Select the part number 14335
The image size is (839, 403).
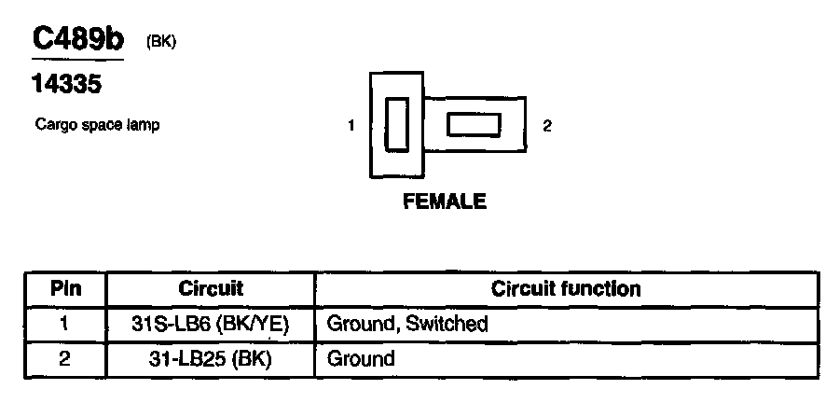(66, 85)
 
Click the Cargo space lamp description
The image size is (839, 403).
(97, 125)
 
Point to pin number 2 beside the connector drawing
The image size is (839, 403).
(547, 126)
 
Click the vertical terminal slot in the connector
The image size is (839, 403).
(396, 124)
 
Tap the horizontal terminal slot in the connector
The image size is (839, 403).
(475, 124)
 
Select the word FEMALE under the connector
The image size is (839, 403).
(445, 201)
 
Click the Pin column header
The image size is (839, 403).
(66, 288)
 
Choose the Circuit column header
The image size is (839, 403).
(210, 288)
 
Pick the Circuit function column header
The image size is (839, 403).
(566, 288)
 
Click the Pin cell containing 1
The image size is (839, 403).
(66, 324)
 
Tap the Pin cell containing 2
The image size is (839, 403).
(66, 358)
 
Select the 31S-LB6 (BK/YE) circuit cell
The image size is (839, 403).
(210, 325)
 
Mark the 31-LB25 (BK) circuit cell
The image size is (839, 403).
(210, 359)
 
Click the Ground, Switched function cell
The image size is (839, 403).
(406, 325)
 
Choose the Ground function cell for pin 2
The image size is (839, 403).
(360, 359)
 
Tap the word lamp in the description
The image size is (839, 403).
(141, 126)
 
